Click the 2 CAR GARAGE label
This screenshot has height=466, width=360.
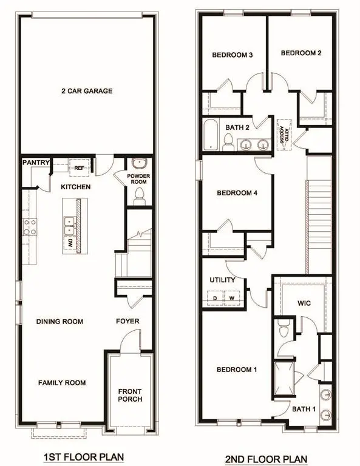pos(86,91)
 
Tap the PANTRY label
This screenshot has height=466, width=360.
pos(31,163)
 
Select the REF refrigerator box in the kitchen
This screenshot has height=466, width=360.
pos(78,168)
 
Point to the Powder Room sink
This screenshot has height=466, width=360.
pos(139,164)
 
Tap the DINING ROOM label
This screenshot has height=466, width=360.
pos(59,322)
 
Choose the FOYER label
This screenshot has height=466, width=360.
pos(127,322)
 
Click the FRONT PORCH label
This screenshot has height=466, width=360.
pos(130,394)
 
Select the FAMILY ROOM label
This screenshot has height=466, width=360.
pos(62,383)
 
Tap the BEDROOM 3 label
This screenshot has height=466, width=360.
pos(232,55)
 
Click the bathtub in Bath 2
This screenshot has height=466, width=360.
pos(210,135)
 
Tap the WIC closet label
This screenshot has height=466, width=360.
pos(304,302)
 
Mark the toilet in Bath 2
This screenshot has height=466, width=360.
pos(229,142)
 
